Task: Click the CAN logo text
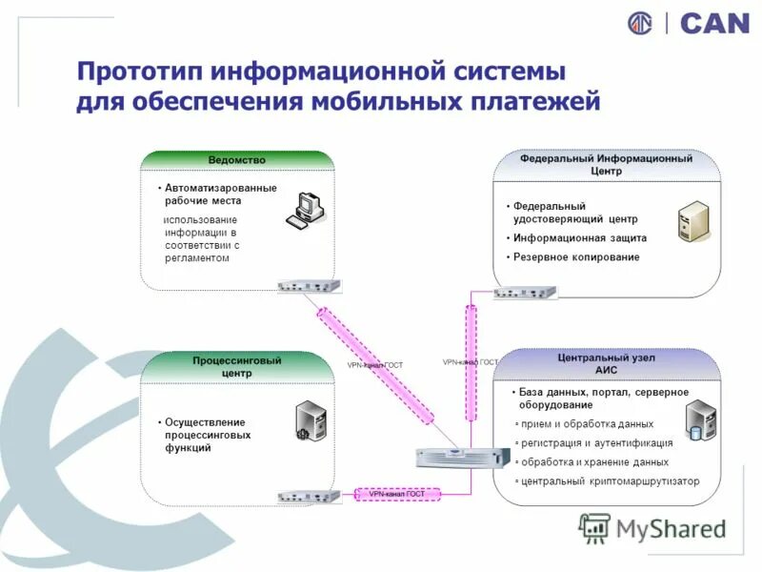(714, 23)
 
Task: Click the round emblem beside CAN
(641, 23)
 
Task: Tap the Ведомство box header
(237, 160)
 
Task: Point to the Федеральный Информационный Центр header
(606, 165)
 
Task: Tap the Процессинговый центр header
(237, 367)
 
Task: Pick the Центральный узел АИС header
(606, 363)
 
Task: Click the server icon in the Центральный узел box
(700, 420)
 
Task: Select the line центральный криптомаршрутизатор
(610, 481)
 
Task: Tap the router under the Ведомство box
(308, 286)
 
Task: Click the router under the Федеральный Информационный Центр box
(524, 293)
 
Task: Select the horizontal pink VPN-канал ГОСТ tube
(397, 494)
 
